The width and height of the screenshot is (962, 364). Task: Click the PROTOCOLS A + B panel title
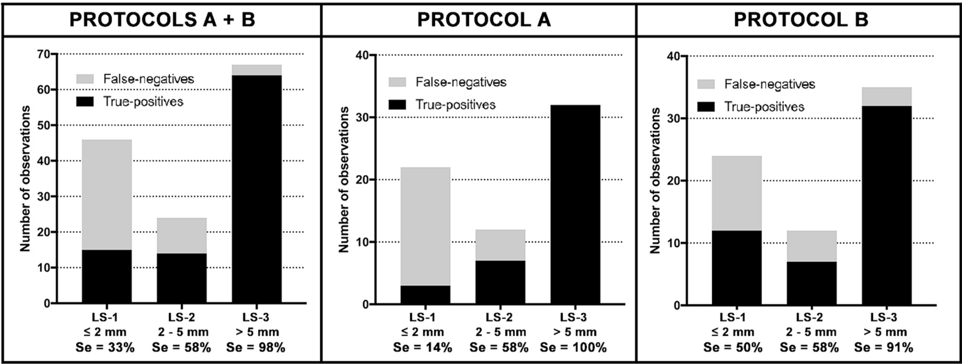[x=162, y=20]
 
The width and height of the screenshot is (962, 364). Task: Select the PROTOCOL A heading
[x=484, y=20]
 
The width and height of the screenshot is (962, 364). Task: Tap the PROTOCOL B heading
[x=800, y=20]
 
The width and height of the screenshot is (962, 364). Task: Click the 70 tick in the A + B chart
[x=44, y=54]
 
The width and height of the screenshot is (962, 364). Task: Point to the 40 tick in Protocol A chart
[x=362, y=55]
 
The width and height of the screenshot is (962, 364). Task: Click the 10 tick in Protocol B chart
[x=674, y=243]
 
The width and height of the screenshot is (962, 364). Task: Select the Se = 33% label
[x=105, y=348]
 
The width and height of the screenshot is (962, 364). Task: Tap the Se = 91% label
[x=883, y=348]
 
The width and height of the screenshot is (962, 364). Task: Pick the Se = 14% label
[x=423, y=348]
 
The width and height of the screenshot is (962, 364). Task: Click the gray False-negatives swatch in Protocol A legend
[x=397, y=82]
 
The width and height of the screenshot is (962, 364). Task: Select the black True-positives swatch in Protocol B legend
[x=706, y=107]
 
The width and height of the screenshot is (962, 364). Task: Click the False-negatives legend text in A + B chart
[x=149, y=79]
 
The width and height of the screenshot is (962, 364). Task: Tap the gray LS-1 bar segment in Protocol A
[x=425, y=225]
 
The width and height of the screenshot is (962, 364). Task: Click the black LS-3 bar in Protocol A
[x=575, y=206]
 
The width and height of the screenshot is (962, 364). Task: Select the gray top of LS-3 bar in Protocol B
[x=886, y=96]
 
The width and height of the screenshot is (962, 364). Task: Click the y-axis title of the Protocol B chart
[x=655, y=181]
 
